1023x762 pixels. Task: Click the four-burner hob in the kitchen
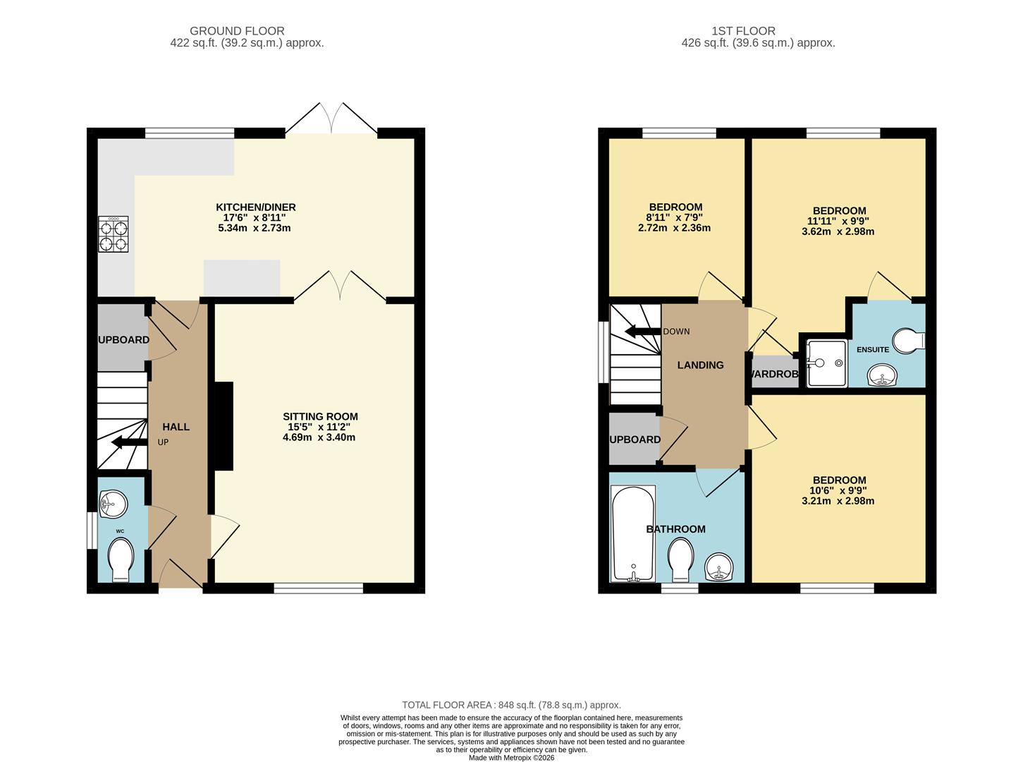click(113, 234)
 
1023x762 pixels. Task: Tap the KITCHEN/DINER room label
click(256, 207)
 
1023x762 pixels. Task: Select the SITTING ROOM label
click(320, 416)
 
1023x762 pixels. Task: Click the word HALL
click(176, 427)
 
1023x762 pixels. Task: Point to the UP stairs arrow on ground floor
click(130, 442)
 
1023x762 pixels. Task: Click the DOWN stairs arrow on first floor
click(643, 332)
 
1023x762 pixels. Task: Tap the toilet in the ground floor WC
click(121, 560)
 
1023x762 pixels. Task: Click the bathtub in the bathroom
click(633, 533)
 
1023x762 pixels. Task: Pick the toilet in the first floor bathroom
click(681, 560)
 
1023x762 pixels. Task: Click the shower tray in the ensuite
click(826, 363)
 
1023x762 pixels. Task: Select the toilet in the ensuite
click(909, 341)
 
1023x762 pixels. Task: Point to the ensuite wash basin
click(882, 375)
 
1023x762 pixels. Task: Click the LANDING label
click(700, 365)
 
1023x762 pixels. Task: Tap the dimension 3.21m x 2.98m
click(838, 501)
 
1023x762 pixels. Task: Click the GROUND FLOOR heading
click(237, 31)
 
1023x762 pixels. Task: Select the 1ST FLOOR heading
click(744, 31)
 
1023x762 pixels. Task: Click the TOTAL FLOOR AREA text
click(512, 706)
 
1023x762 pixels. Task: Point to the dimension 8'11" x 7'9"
click(674, 217)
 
